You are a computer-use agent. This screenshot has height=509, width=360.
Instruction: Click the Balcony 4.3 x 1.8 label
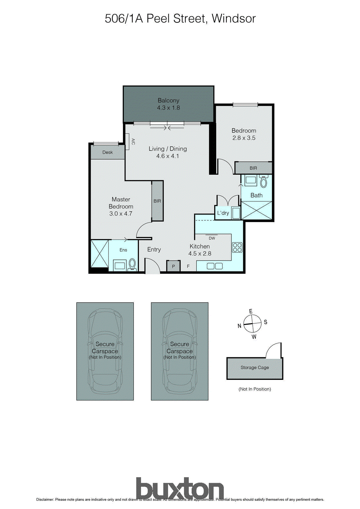[x=168, y=104]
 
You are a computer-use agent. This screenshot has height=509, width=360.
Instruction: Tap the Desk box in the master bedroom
[x=108, y=152]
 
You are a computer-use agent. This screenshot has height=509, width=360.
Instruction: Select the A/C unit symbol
[x=127, y=142]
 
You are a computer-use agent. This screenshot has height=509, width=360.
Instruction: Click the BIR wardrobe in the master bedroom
[x=157, y=201]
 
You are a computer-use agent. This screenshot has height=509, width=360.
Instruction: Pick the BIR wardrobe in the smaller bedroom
[x=253, y=168]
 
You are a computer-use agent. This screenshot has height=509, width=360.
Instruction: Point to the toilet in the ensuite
[x=132, y=264]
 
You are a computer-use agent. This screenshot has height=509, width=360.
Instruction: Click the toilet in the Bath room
[x=264, y=182]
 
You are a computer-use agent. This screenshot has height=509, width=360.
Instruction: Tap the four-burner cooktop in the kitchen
[x=237, y=248]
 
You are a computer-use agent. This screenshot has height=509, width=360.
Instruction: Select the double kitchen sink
[x=215, y=266]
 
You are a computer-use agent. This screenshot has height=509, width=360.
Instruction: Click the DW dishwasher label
[x=212, y=238]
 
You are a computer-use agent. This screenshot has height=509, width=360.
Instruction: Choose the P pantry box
[x=173, y=266]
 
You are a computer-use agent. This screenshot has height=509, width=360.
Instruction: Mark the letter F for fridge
[x=188, y=266]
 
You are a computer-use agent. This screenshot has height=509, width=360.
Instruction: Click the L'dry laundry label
[x=223, y=213]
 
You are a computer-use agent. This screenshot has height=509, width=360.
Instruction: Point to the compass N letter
[x=239, y=326]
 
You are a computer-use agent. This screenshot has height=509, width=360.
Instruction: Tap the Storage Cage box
[x=255, y=368]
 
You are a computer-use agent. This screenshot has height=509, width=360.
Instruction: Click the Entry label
[x=154, y=250]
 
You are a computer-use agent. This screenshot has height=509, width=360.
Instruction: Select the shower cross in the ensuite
[x=100, y=254]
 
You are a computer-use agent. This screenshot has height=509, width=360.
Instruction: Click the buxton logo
[x=180, y=489]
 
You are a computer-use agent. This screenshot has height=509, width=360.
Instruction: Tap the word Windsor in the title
[x=234, y=18]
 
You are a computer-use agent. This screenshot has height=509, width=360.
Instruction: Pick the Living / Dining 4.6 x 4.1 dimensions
[x=167, y=156]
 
